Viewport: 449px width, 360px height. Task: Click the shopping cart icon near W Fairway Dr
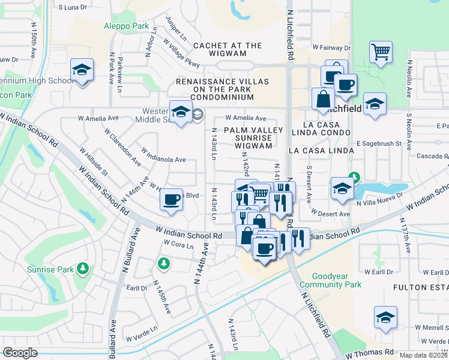point(381,52)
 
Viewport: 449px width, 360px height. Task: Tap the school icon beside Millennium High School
point(82,70)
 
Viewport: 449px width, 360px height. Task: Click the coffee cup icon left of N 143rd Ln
point(172,199)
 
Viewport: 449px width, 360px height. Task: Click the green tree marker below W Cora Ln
point(163,263)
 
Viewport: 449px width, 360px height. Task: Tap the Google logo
point(20,353)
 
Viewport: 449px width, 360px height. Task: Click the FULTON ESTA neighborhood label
point(420,287)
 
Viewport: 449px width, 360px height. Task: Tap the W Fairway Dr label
point(331,47)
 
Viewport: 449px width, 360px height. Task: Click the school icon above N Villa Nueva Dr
point(342,188)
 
